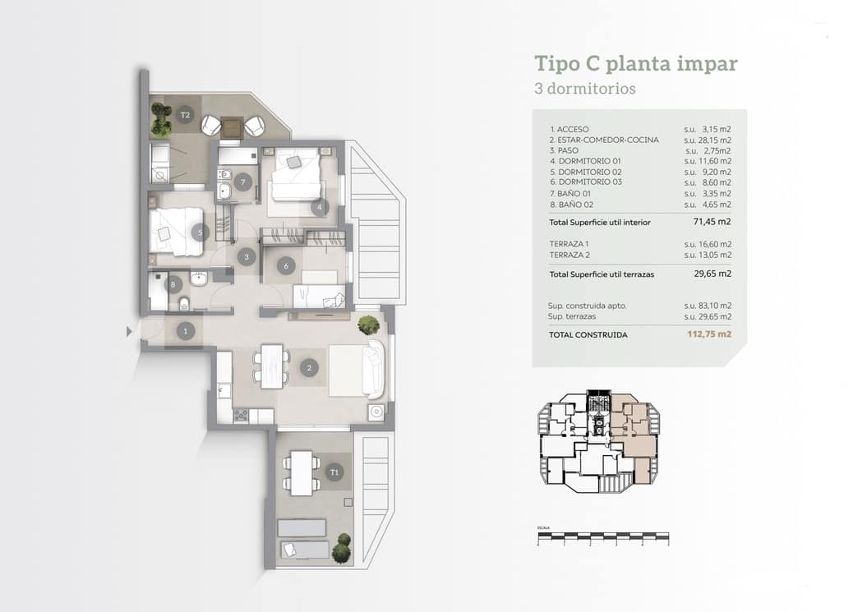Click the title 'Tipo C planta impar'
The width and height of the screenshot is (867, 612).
[x=635, y=64]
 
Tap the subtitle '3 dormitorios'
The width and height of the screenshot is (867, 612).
[x=584, y=89]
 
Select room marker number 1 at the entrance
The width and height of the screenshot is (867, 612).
[x=187, y=332]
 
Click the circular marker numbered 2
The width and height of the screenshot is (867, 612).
[x=309, y=367]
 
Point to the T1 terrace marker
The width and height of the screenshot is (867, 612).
[x=334, y=472]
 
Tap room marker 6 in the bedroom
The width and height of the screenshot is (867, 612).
[x=285, y=265]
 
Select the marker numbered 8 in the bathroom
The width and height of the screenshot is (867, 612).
[x=172, y=285]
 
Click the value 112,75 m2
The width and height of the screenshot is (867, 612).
[x=709, y=334]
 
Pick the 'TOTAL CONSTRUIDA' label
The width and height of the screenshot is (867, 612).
[x=588, y=335]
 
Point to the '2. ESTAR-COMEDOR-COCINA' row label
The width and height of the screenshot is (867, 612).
[x=604, y=140]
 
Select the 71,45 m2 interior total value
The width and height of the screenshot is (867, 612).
[x=712, y=222]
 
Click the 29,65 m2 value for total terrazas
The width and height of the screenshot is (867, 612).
[x=712, y=274]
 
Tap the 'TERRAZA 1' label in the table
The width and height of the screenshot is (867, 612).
[x=569, y=244]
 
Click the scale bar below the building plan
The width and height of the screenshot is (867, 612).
[x=602, y=540]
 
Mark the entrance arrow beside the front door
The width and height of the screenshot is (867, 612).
[x=129, y=332]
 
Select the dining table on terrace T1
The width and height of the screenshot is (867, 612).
[x=302, y=473]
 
